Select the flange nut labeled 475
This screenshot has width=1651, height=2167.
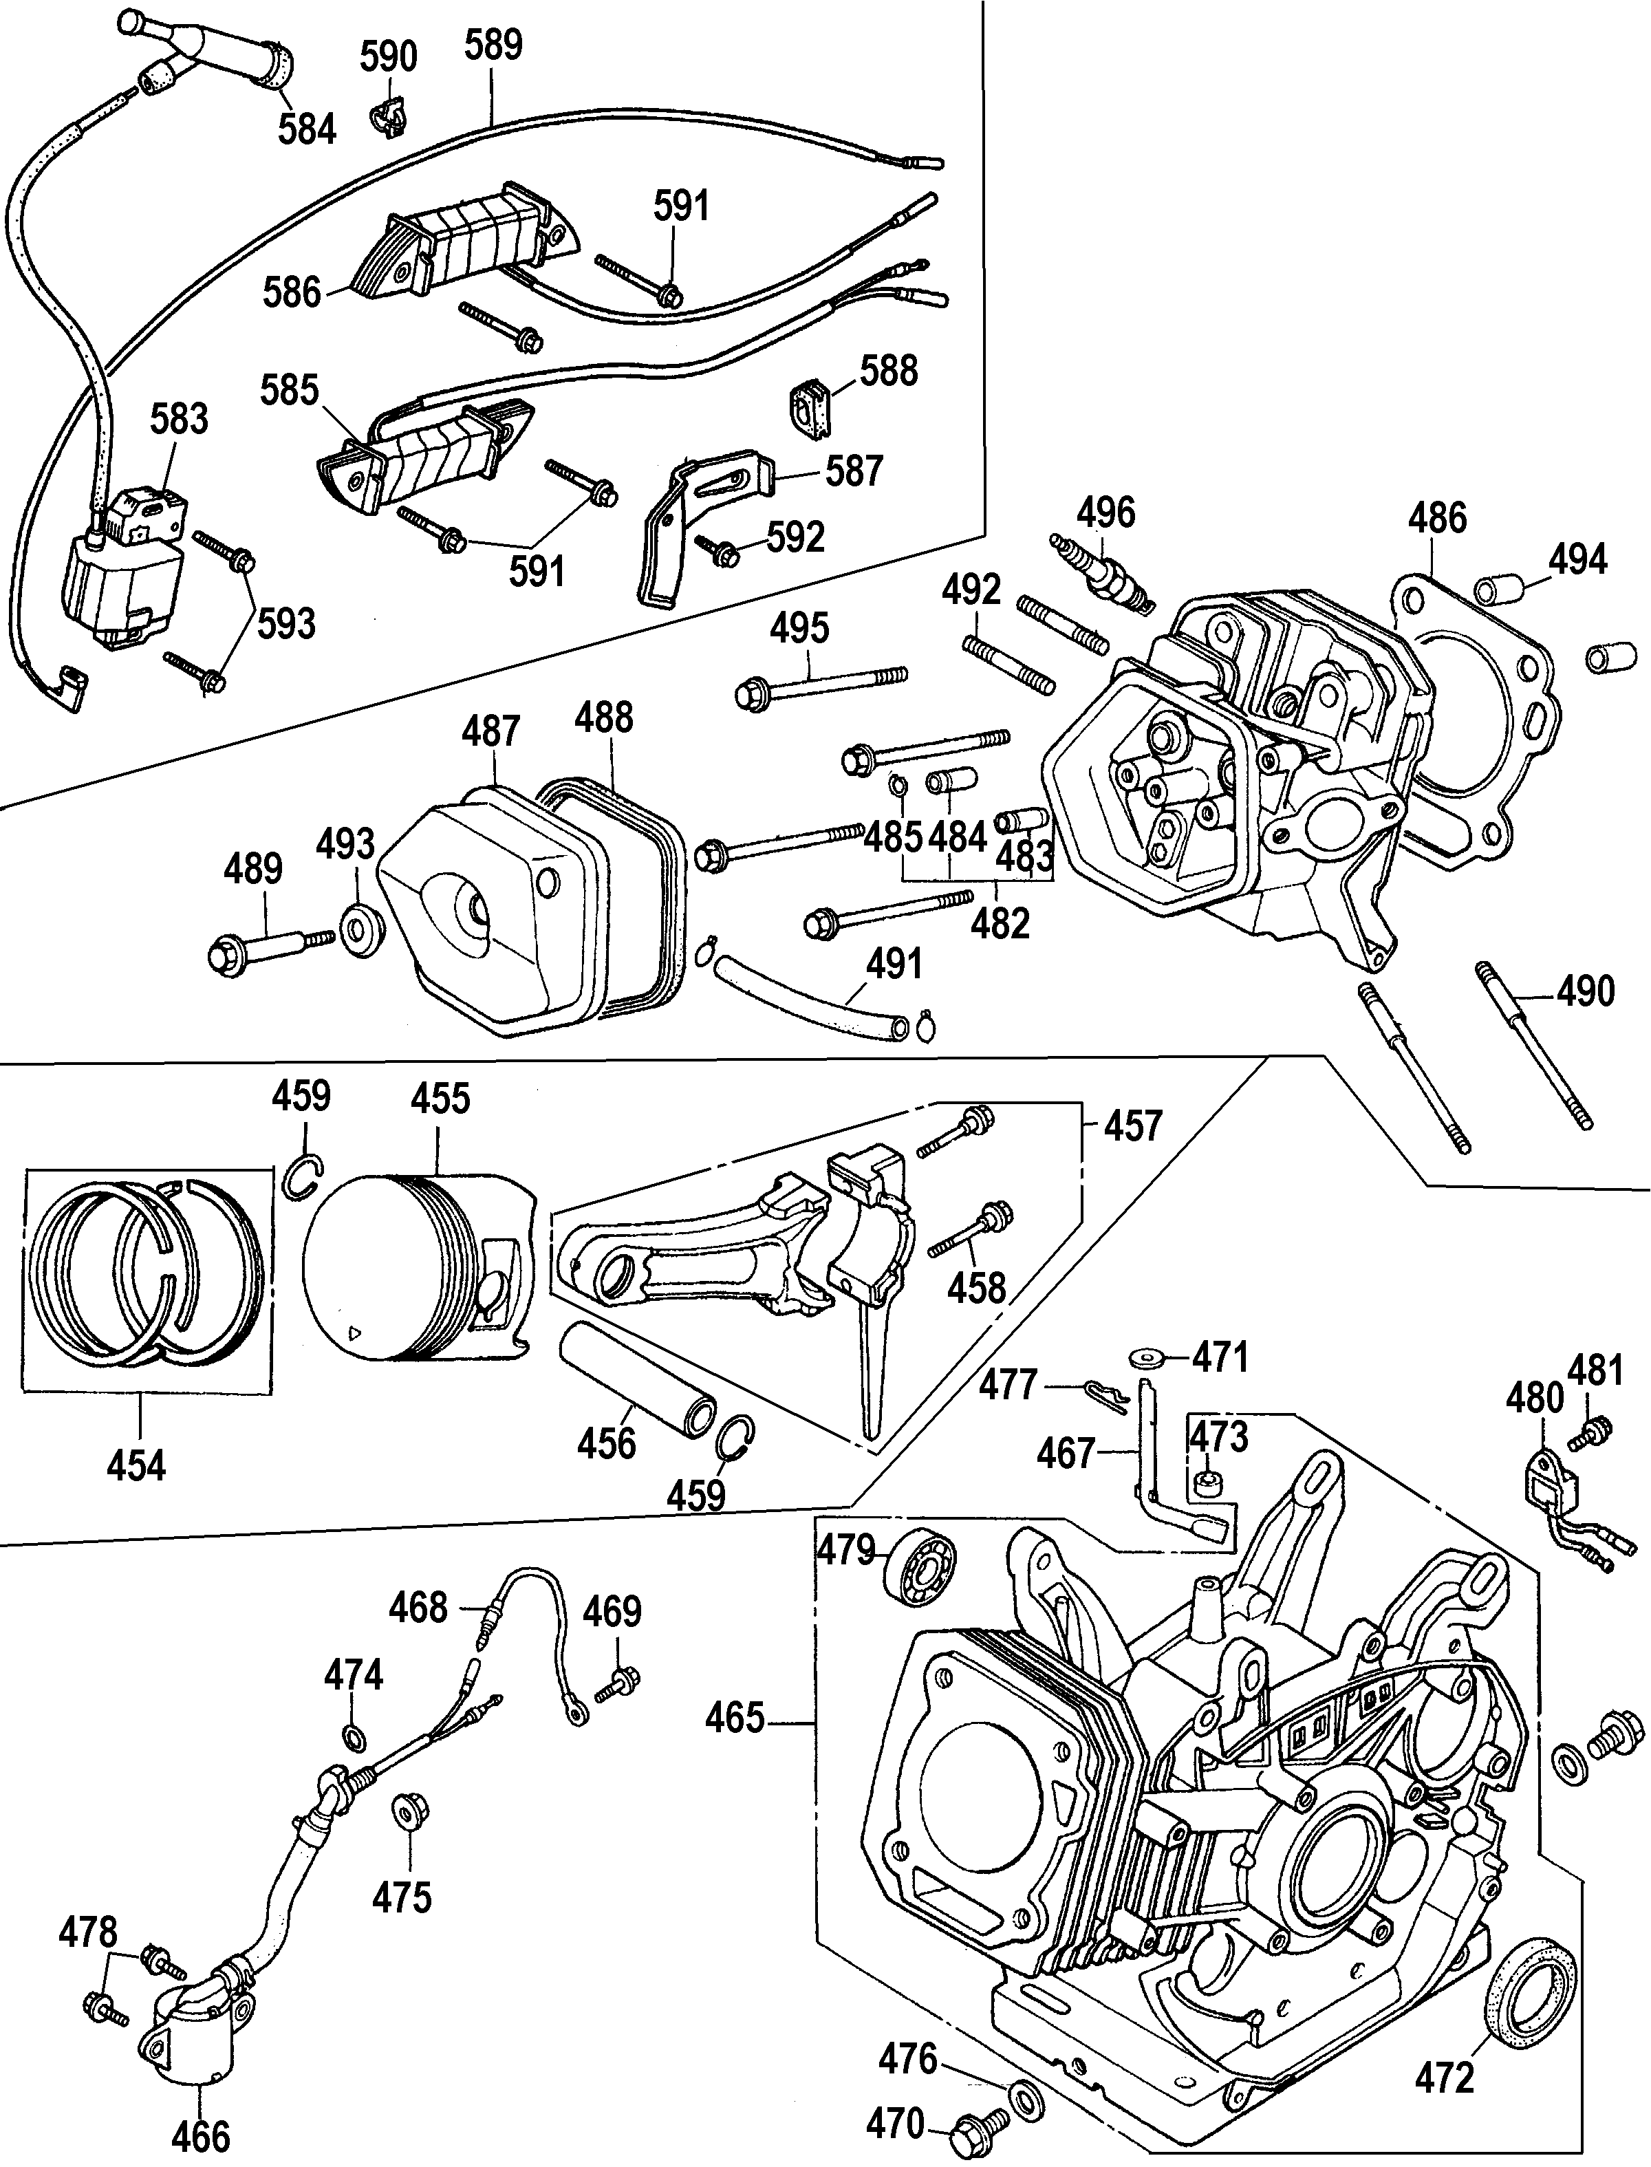click(x=403, y=1809)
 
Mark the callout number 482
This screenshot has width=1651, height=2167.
click(x=1000, y=924)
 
